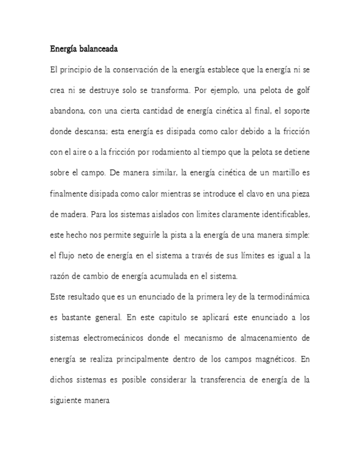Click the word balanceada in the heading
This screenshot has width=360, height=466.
point(98,49)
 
